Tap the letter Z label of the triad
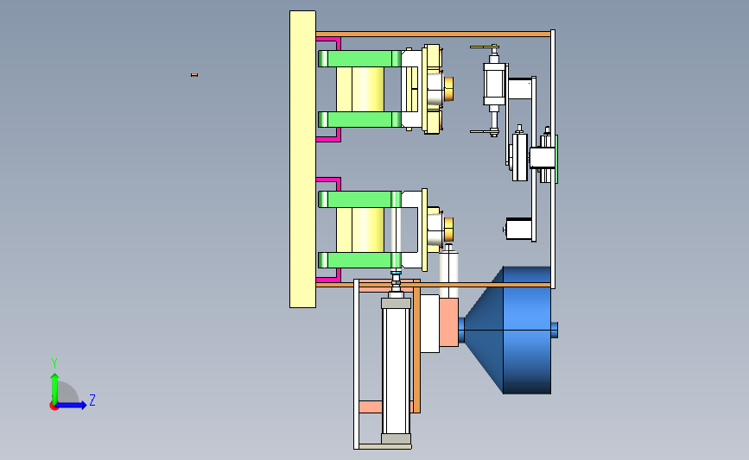tap(92, 400)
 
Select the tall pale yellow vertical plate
tap(302, 159)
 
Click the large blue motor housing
tap(527, 331)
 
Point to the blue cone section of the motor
tap(484, 331)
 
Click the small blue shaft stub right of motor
tap(555, 330)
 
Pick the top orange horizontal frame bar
tap(433, 34)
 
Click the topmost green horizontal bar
tap(359, 59)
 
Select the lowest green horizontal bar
tap(359, 260)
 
